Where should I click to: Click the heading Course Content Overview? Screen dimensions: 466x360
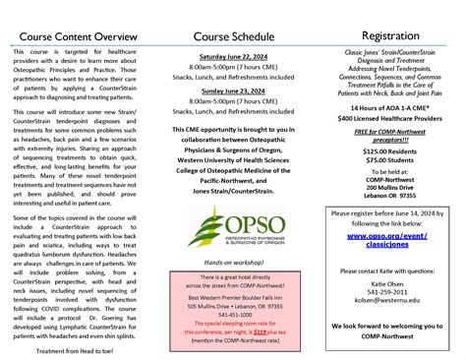pos(77,37)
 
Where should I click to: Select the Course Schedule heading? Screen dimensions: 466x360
pos(233,37)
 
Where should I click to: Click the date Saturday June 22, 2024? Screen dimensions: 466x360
pos(233,58)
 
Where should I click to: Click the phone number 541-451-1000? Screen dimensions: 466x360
pos(233,315)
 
